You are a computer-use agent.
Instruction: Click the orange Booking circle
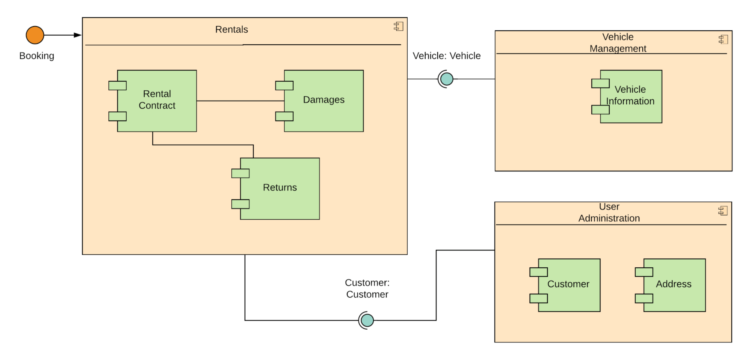pyautogui.click(x=35, y=35)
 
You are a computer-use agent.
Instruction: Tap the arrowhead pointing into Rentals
pyautogui.click(x=78, y=35)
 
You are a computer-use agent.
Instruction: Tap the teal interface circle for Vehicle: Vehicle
pyautogui.click(x=447, y=79)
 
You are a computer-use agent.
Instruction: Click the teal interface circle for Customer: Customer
pyautogui.click(x=367, y=320)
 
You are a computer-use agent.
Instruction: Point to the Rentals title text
pyautogui.click(x=231, y=30)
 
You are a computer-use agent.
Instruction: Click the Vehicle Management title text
pyautogui.click(x=618, y=43)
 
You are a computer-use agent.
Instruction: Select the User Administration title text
pyautogui.click(x=609, y=213)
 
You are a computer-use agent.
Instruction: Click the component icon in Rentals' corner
pyautogui.click(x=399, y=26)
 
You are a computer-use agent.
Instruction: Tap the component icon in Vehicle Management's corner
pyautogui.click(x=723, y=39)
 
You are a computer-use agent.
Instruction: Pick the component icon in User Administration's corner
pyautogui.click(x=723, y=211)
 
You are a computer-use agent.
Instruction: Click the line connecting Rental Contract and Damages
pyautogui.click(x=240, y=100)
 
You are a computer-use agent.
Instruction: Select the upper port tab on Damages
pyautogui.click(x=284, y=85)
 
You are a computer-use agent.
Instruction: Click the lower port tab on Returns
pyautogui.click(x=240, y=204)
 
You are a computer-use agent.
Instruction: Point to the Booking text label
pyautogui.click(x=37, y=56)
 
